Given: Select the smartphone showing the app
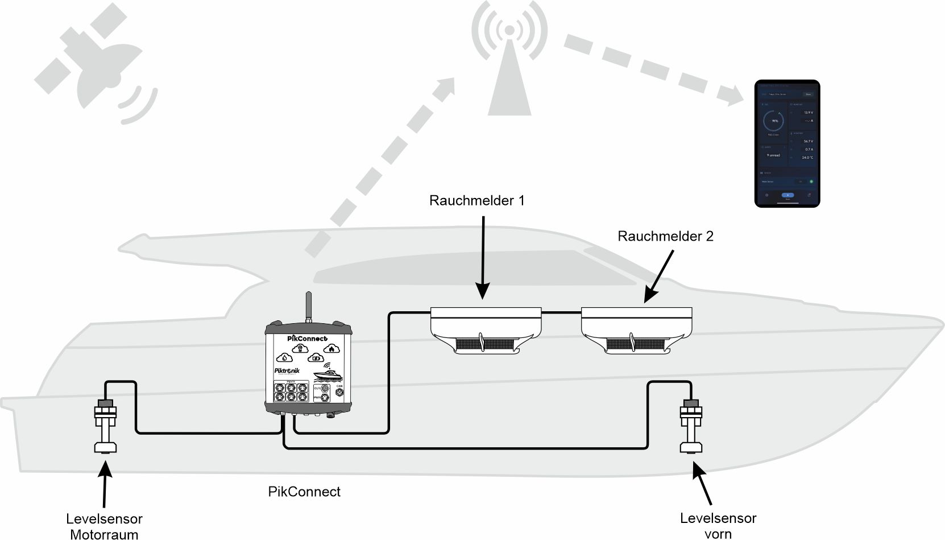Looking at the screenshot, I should [787, 143].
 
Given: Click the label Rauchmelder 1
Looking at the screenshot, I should [476, 201].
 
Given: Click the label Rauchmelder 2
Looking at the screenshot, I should [665, 236].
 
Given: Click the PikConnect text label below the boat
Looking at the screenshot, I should [304, 492].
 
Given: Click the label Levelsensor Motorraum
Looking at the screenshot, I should [104, 526].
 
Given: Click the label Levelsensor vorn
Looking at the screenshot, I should [718, 526].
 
